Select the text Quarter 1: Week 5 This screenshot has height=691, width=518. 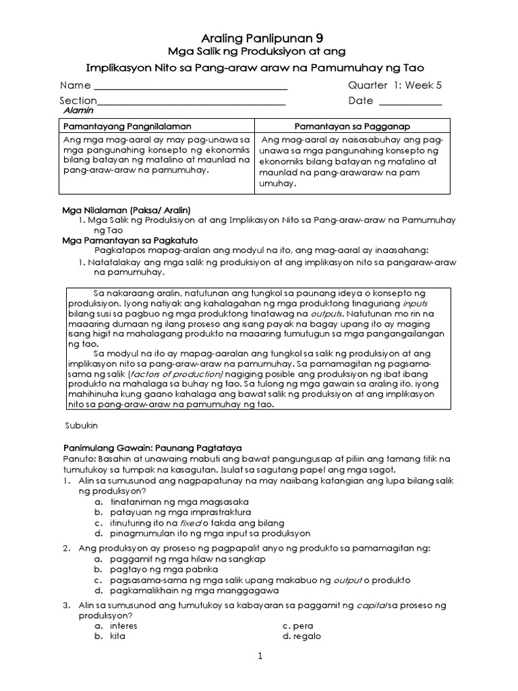[394, 86]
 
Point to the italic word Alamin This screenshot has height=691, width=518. [78, 110]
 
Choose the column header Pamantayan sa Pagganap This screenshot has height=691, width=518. [353, 126]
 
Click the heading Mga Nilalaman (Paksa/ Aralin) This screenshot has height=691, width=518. [127, 210]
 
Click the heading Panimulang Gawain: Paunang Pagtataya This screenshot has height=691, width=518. [152, 447]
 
